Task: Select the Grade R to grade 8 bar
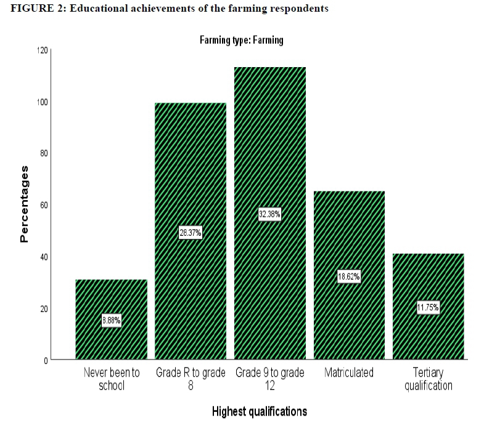191,185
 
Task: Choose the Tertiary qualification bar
429,277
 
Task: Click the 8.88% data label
111,320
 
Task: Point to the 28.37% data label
191,233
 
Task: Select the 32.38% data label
270,214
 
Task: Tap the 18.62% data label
349,276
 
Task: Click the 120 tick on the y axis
42,50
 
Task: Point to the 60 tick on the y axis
44,205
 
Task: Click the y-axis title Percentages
25,204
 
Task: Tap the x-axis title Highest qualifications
259,411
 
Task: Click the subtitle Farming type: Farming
241,41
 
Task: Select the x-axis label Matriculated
349,373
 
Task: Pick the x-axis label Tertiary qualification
429,379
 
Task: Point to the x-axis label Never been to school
111,379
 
